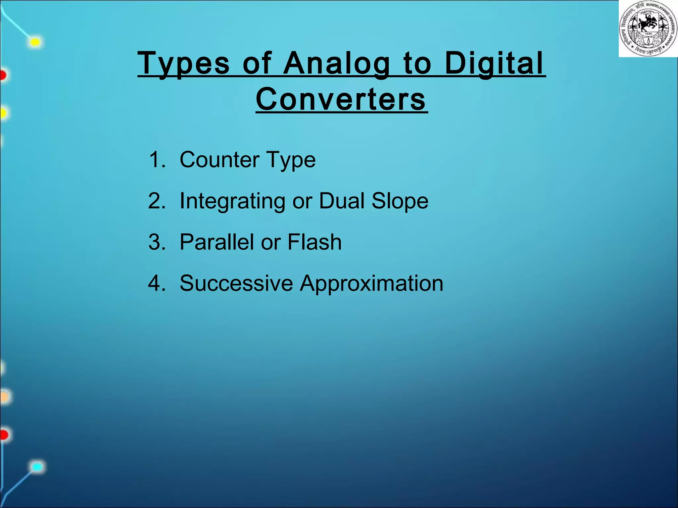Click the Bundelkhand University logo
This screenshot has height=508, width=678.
648,29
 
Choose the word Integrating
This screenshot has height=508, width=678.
232,201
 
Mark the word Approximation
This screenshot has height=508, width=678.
371,284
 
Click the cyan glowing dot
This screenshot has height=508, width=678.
37,467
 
